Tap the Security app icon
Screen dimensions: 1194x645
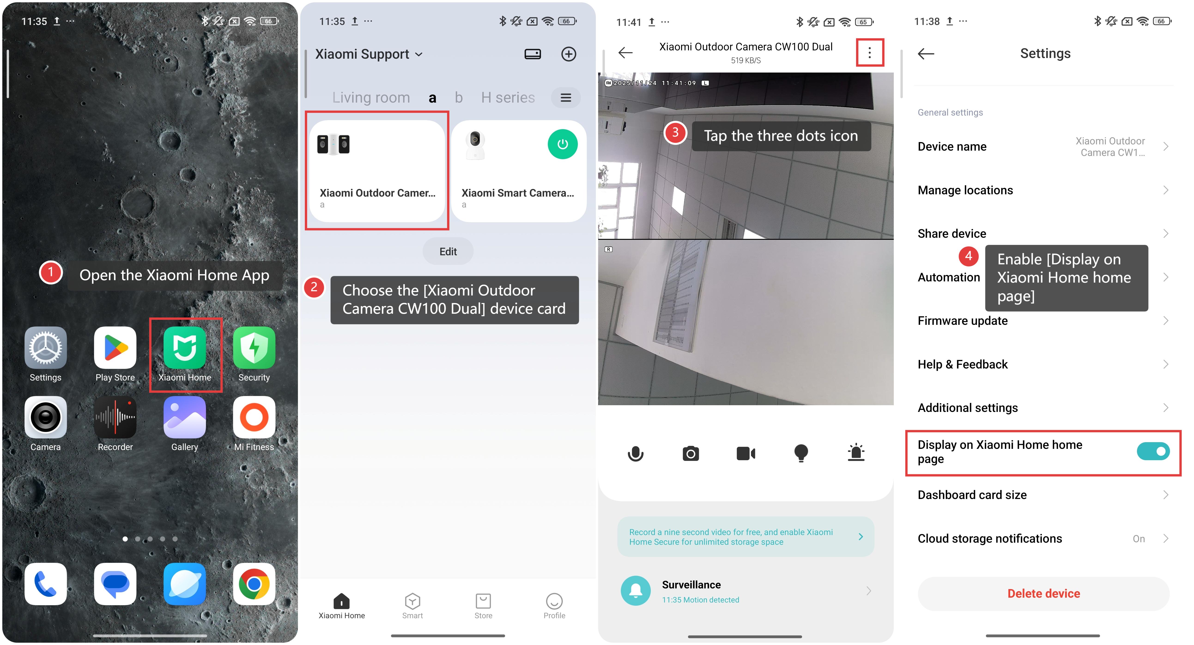coord(254,348)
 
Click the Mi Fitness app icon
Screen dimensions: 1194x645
coord(254,417)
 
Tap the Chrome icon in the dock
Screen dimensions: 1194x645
coord(254,584)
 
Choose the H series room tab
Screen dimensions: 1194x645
coord(508,97)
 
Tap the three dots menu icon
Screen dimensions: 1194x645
coord(870,53)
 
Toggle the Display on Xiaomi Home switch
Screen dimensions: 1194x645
coord(1153,451)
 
